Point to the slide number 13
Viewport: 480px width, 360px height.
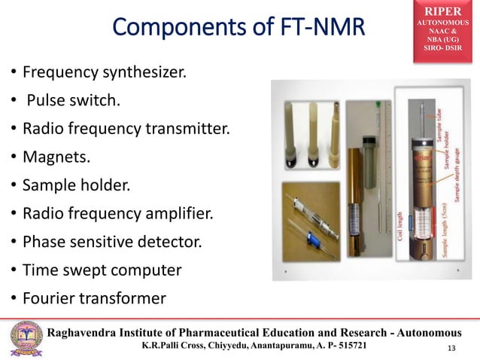coord(451,347)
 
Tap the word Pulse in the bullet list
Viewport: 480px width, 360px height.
coord(49,101)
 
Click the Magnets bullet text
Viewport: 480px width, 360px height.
coord(55,155)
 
